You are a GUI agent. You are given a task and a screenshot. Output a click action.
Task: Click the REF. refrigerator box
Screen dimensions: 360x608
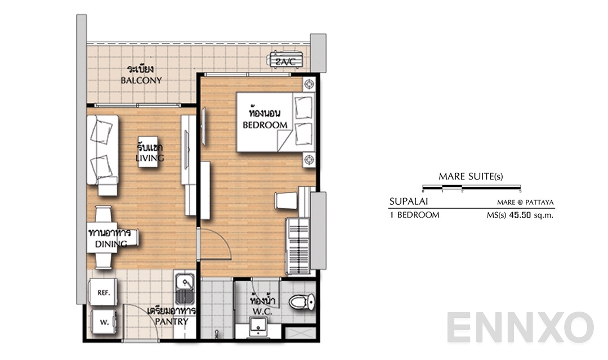(103, 292)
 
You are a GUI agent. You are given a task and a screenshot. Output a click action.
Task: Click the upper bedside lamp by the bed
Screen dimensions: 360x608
(309, 84)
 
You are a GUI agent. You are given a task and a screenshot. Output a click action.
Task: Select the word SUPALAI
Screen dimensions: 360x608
(406, 201)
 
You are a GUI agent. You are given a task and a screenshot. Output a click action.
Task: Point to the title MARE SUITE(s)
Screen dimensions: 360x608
(471, 177)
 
